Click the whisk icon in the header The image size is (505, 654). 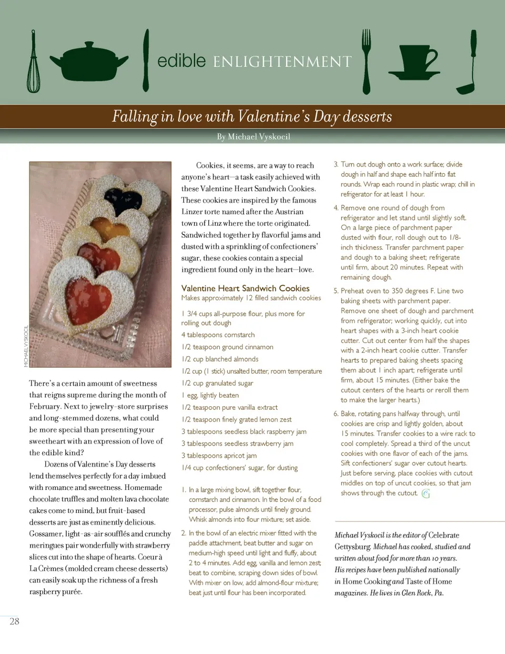34,63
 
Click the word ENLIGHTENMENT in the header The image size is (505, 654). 282,62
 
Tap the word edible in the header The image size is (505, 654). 181,61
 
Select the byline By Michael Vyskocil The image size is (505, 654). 254,137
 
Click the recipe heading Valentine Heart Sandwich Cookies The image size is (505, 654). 245,288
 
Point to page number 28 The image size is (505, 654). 15,621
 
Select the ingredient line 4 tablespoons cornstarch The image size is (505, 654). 218,335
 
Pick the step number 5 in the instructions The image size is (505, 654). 336,291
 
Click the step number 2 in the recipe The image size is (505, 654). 184,533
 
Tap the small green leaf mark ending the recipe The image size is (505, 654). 426,494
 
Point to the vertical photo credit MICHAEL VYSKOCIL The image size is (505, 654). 26,346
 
